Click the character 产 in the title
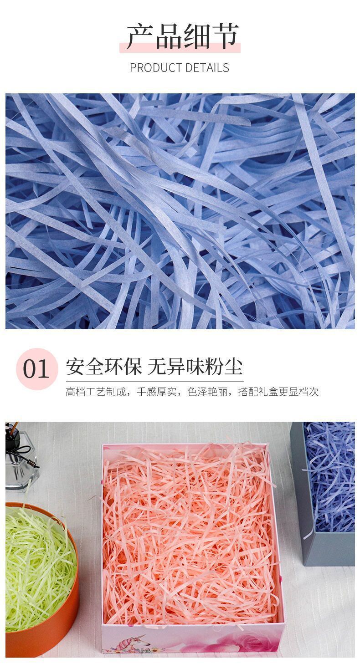click(x=140, y=36)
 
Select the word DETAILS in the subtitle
click(x=207, y=68)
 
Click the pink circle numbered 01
click(x=36, y=369)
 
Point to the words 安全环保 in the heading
click(x=103, y=367)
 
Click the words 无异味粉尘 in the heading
click(x=195, y=367)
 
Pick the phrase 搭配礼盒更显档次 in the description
click(x=278, y=392)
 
